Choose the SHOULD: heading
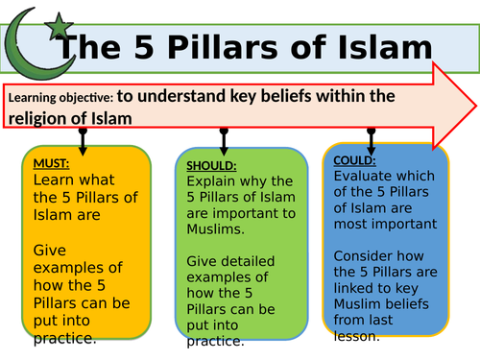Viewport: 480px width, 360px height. pyautogui.click(x=212, y=166)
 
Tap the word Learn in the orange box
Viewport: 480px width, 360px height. pyautogui.click(x=53, y=180)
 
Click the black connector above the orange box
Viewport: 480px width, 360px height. pyautogui.click(x=84, y=135)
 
